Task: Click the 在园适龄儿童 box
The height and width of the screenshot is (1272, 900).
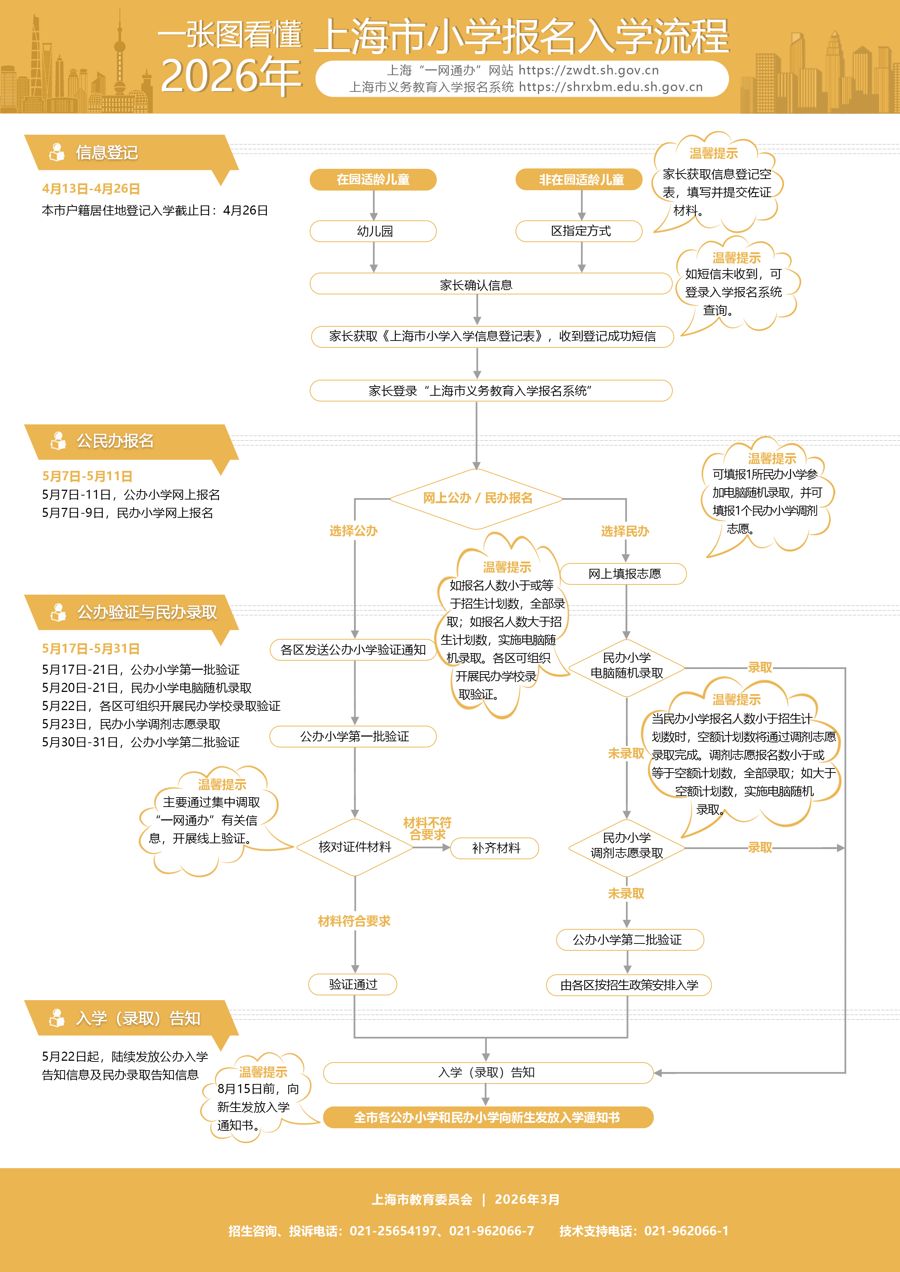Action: (x=373, y=179)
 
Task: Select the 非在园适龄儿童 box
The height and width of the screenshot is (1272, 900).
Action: (x=581, y=179)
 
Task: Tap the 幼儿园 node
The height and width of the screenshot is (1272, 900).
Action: (x=373, y=231)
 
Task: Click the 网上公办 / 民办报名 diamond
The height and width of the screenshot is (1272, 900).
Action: (x=477, y=498)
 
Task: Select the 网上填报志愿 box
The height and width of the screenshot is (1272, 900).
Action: (x=624, y=574)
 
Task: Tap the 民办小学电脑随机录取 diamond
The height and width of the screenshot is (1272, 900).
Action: (x=626, y=665)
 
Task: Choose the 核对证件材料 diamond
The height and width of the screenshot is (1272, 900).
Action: (x=355, y=847)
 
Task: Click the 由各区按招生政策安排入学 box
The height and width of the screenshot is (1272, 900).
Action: (x=628, y=985)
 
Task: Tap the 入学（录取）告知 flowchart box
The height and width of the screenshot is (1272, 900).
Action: (x=488, y=1073)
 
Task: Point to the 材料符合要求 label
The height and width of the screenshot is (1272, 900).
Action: (x=354, y=921)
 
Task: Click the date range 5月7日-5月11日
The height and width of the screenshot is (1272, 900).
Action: (x=87, y=476)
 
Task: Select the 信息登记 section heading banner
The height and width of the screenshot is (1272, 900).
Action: (x=106, y=152)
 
